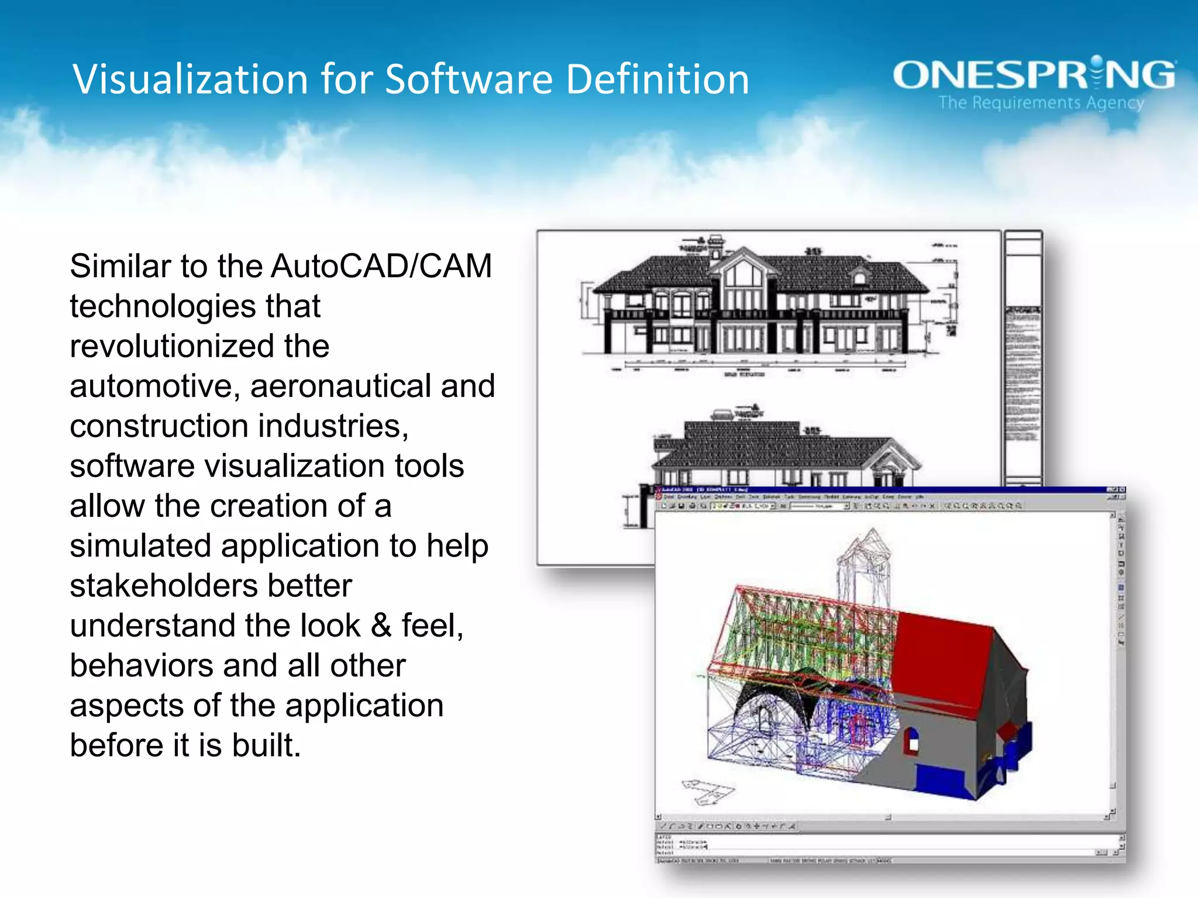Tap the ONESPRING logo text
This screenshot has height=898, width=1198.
[x=1034, y=75]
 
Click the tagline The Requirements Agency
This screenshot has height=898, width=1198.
[x=1041, y=103]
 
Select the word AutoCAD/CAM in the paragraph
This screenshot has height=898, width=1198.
[x=381, y=267]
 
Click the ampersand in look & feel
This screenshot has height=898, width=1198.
[x=381, y=626]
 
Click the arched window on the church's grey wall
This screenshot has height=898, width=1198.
[x=912, y=741]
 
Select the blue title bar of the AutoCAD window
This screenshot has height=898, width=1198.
[x=877, y=490]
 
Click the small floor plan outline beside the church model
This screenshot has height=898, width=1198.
[x=707, y=790]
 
